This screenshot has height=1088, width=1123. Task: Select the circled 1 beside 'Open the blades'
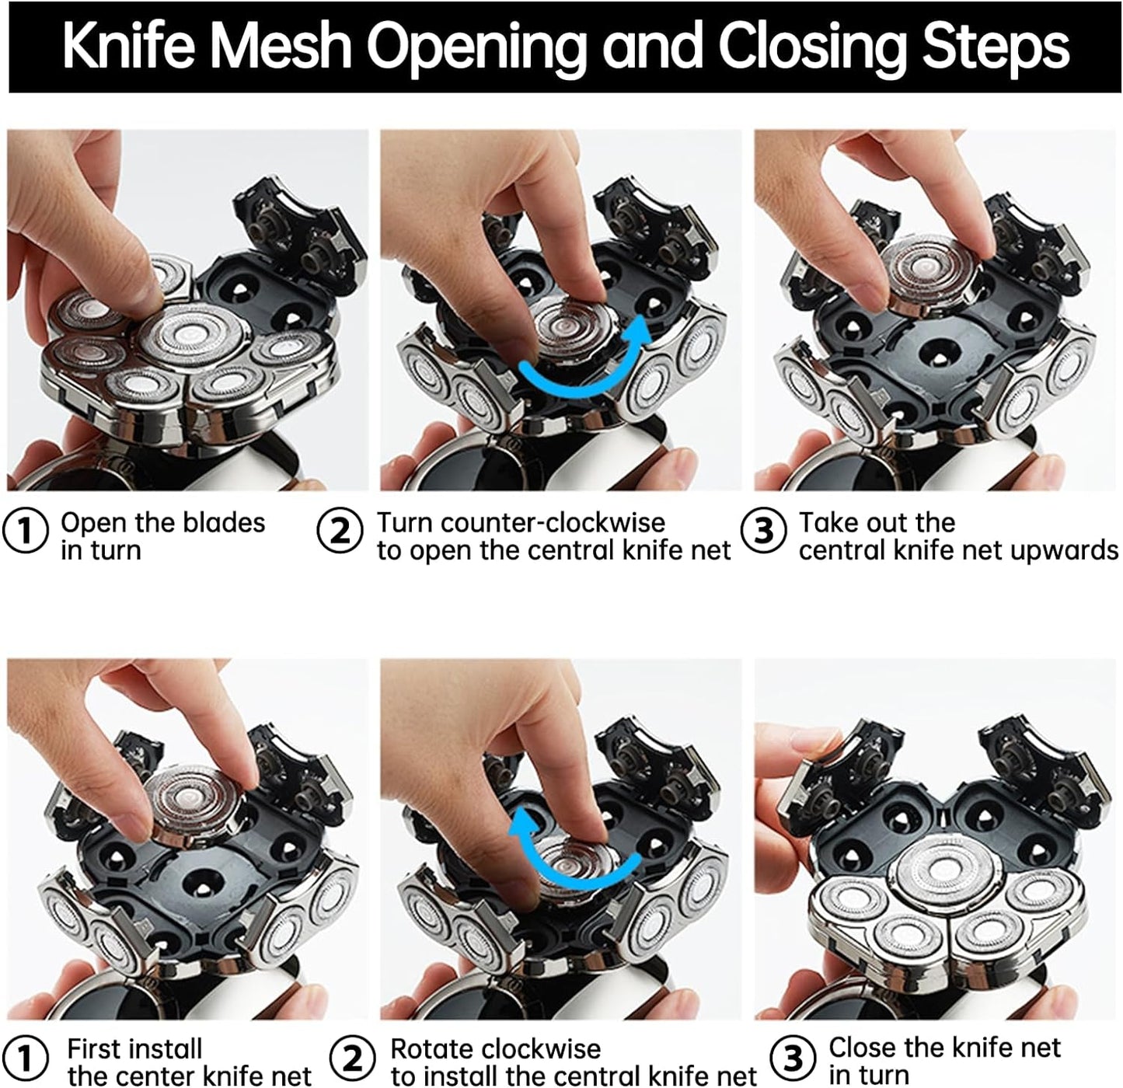pos(25,531)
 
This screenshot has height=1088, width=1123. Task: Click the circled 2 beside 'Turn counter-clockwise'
pos(340,531)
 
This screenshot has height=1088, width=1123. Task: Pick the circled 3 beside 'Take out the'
pos(763,531)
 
